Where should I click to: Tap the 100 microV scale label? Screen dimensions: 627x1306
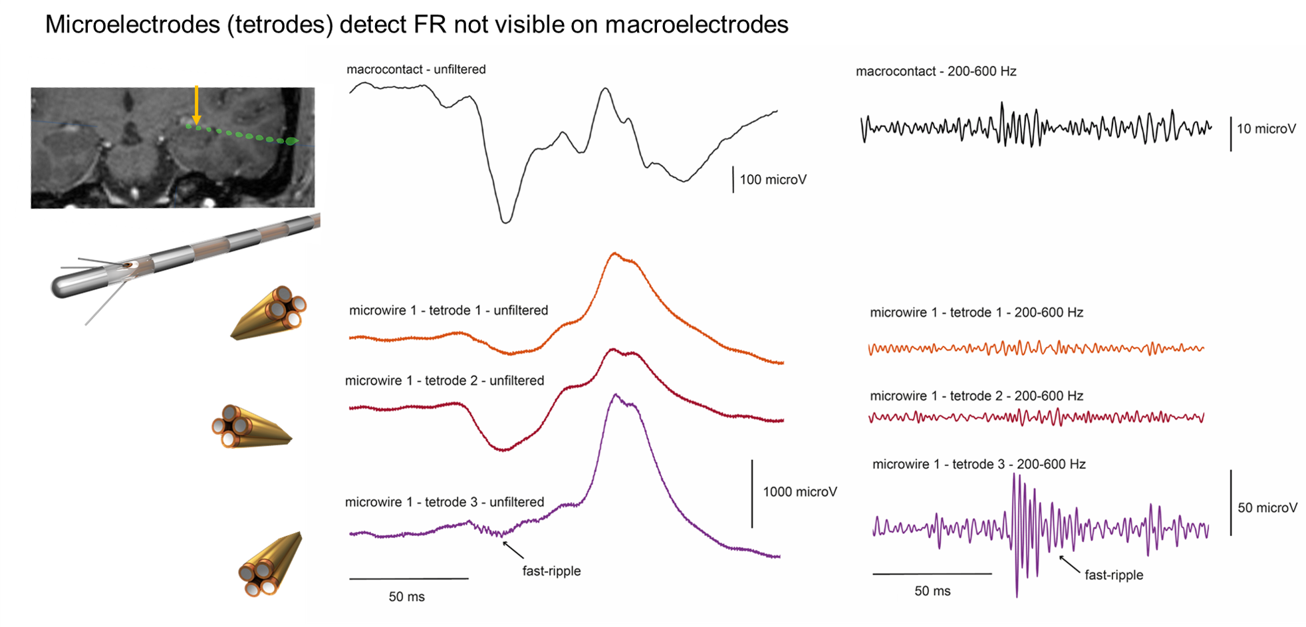tap(773, 180)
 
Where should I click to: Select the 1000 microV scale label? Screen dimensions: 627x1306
tap(799, 492)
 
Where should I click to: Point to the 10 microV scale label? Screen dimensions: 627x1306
tap(1266, 129)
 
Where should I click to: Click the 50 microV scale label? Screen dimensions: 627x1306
tap(1267, 508)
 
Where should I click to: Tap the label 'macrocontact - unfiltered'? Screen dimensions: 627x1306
tap(416, 69)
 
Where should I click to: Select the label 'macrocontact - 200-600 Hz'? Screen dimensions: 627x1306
tap(936, 71)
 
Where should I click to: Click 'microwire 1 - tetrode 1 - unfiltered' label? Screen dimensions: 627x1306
tap(448, 311)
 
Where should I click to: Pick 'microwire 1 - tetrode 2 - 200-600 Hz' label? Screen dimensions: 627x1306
tap(976, 396)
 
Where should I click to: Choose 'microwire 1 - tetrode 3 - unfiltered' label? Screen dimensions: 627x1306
tap(444, 502)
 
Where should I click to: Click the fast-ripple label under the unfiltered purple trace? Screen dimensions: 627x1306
tap(551, 571)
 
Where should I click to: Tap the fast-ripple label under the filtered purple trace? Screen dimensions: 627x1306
tap(1114, 575)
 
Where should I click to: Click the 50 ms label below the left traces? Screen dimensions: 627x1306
tap(406, 597)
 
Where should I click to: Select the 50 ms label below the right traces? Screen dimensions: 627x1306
tap(932, 591)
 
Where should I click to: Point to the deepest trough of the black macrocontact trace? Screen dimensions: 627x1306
tap(506, 221)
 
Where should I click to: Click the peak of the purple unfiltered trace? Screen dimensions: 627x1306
tap(616, 395)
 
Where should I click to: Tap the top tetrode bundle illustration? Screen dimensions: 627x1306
tap(269, 313)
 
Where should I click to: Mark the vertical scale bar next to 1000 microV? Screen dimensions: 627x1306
tap(752, 493)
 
